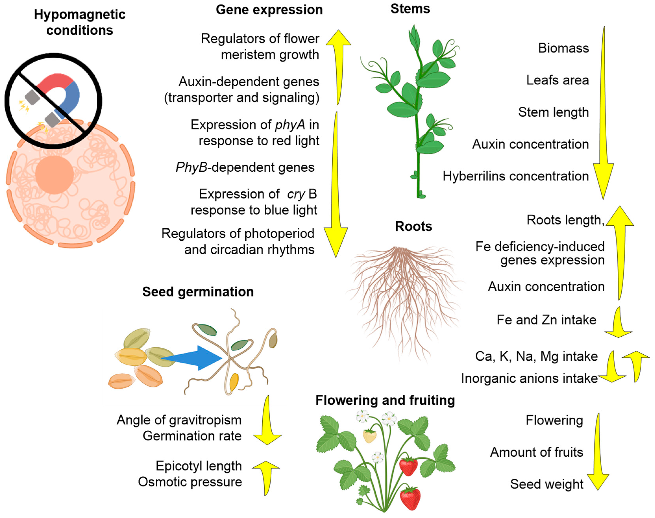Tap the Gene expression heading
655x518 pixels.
tap(269, 10)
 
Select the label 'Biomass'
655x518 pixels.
tap(563, 48)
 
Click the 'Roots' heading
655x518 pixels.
tap(413, 226)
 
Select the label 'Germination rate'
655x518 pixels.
tap(192, 436)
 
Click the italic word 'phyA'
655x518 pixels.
tap(290, 125)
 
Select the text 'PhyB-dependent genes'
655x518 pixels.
tap(245, 167)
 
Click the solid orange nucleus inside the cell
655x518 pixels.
tap(55, 175)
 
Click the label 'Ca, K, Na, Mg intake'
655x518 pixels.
tap(536, 356)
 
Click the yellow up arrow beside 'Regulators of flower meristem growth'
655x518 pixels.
tap(338, 67)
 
